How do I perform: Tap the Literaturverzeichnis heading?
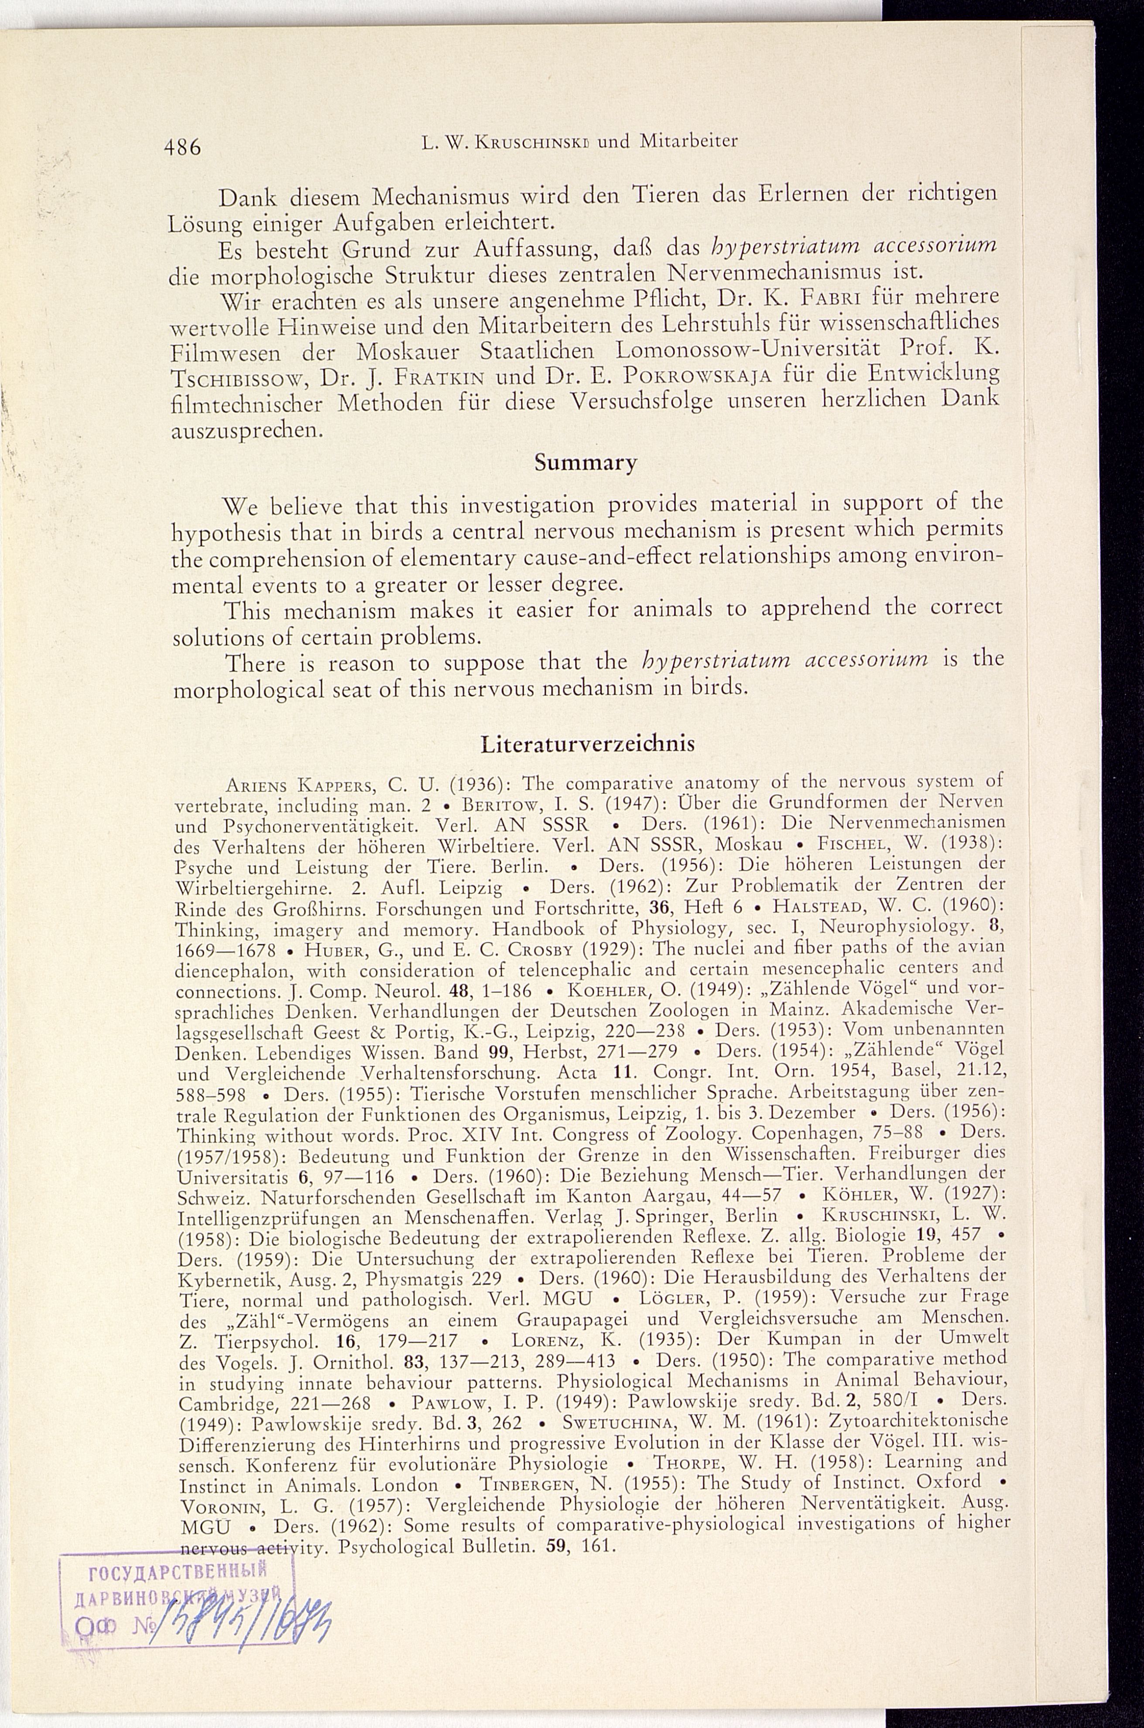click(588, 744)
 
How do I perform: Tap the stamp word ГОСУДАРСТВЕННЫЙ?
click(175, 1569)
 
